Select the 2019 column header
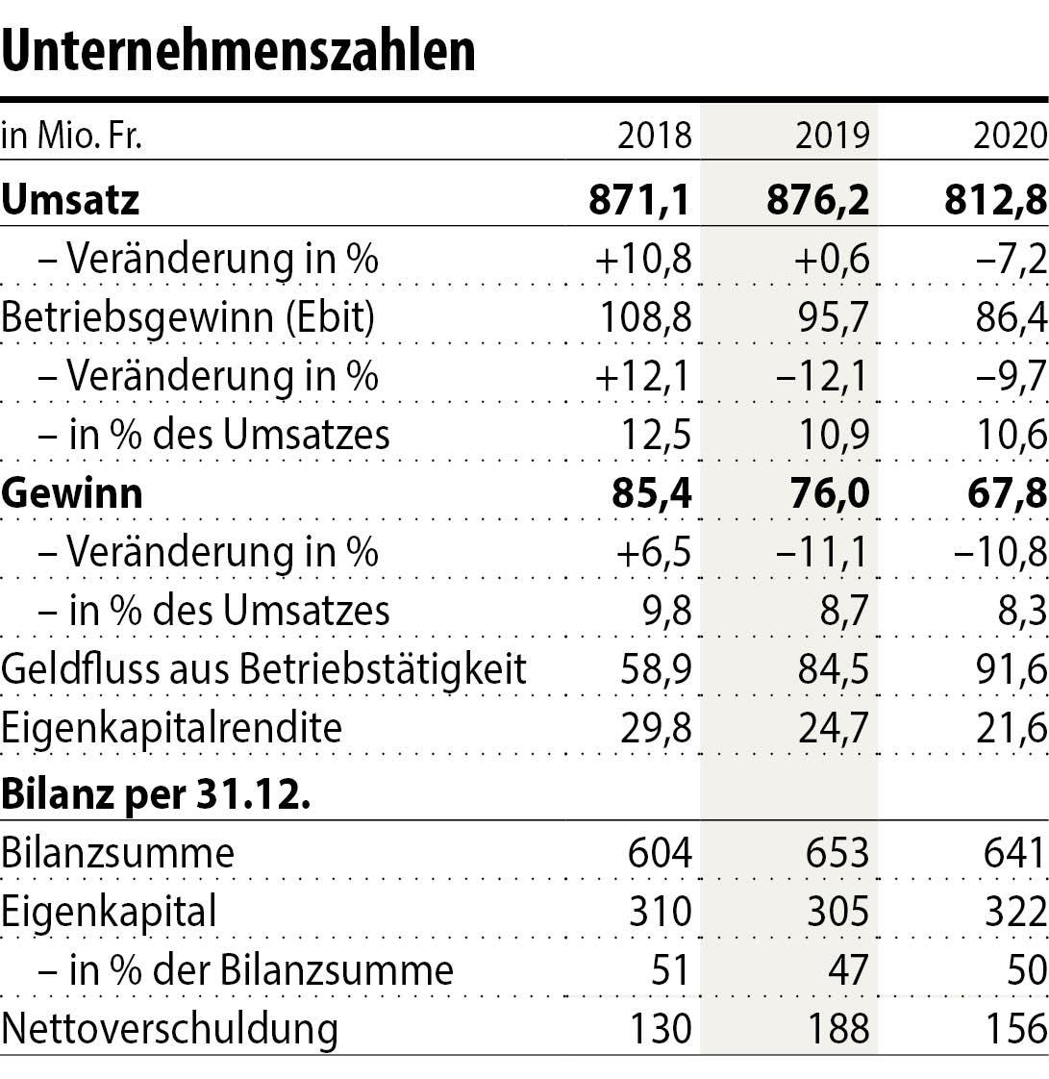tap(832, 136)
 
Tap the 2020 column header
tap(1010, 136)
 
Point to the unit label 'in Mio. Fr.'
tap(72, 136)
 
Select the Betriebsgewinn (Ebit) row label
tap(188, 317)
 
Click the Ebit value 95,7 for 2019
tap(832, 317)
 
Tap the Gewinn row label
tap(72, 492)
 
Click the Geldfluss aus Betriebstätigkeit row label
tap(264, 669)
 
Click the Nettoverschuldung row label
tap(170, 1029)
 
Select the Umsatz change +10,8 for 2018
tap(642, 259)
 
